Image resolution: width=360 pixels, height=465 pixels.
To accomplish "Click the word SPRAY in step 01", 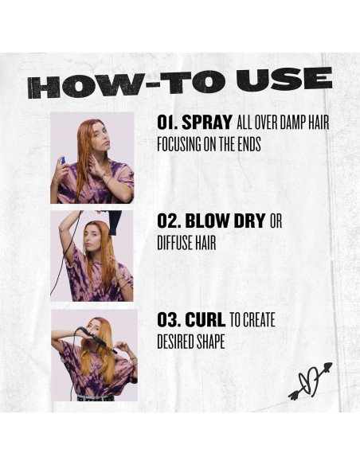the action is point(207,122).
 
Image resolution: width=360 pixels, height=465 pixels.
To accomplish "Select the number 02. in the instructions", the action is point(169,221).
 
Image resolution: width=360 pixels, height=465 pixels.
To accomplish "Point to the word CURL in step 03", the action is point(205,320).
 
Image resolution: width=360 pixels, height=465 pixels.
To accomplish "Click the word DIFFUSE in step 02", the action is point(173,243).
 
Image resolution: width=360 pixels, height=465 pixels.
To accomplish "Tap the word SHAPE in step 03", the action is point(211,342).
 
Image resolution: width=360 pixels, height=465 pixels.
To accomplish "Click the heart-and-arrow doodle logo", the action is point(310,381).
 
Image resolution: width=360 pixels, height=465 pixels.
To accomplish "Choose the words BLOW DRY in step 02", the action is point(225,221).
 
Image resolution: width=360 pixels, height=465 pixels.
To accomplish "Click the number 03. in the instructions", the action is point(169,320).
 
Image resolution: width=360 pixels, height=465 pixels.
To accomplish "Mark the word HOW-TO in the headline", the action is point(128,84).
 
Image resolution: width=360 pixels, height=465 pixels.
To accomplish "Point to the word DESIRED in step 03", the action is point(176,342).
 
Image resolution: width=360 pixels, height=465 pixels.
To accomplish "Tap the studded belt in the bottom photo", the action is point(96,398).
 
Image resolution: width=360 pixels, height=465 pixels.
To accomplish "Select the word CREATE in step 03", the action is point(259,320).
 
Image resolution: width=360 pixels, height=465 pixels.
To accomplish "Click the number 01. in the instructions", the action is point(167,122).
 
